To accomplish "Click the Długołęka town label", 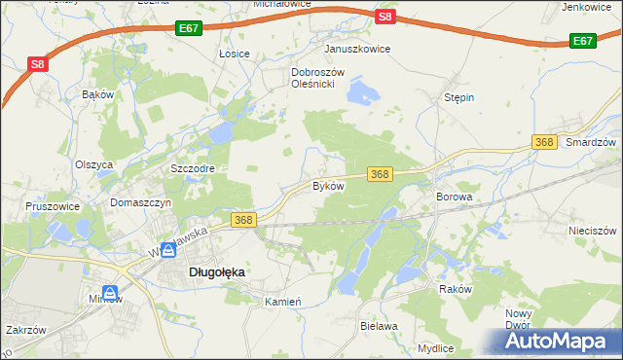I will (215, 273).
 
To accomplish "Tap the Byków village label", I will (328, 185).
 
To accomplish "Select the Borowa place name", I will (454, 196).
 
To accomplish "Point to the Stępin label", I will (458, 98).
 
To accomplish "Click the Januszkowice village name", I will (357, 49).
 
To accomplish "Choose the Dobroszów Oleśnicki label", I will (313, 78).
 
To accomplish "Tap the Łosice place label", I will (235, 54).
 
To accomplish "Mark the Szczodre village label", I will (192, 168).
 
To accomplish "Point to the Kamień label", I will (284, 302).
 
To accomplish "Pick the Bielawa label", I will (379, 327).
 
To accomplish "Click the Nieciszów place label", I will (593, 231).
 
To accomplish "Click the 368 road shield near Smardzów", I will (545, 142).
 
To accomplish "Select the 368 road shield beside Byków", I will (380, 174).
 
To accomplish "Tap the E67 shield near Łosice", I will (190, 30).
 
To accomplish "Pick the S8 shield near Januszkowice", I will (385, 17).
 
